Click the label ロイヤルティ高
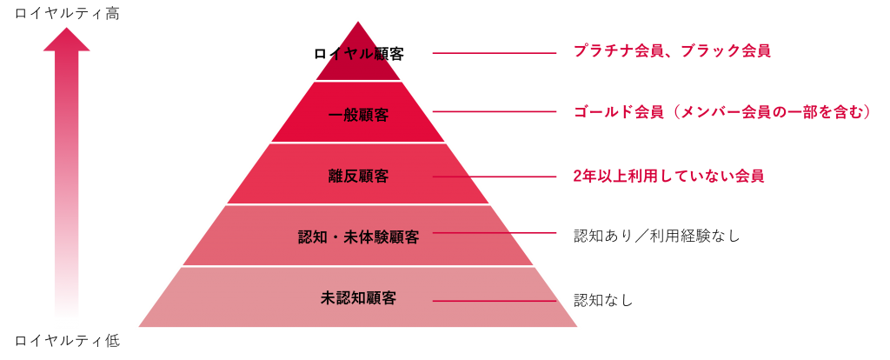coord(67,14)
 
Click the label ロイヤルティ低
coord(67,341)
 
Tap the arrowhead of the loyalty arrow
coord(67,39)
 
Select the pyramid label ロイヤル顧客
coord(358,54)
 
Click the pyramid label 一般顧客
coord(358,116)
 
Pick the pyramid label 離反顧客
coord(358,176)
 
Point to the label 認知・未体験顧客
coord(358,237)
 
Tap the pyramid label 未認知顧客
coord(358,297)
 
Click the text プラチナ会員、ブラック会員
coord(672,51)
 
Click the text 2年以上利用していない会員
coord(668,176)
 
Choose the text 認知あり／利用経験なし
coord(657,236)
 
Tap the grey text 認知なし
coord(603,299)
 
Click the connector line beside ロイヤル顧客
coord(495,53)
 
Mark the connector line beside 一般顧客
coord(495,111)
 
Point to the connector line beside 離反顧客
coord(495,177)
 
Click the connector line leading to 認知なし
coord(495,301)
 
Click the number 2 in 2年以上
coord(578,177)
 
